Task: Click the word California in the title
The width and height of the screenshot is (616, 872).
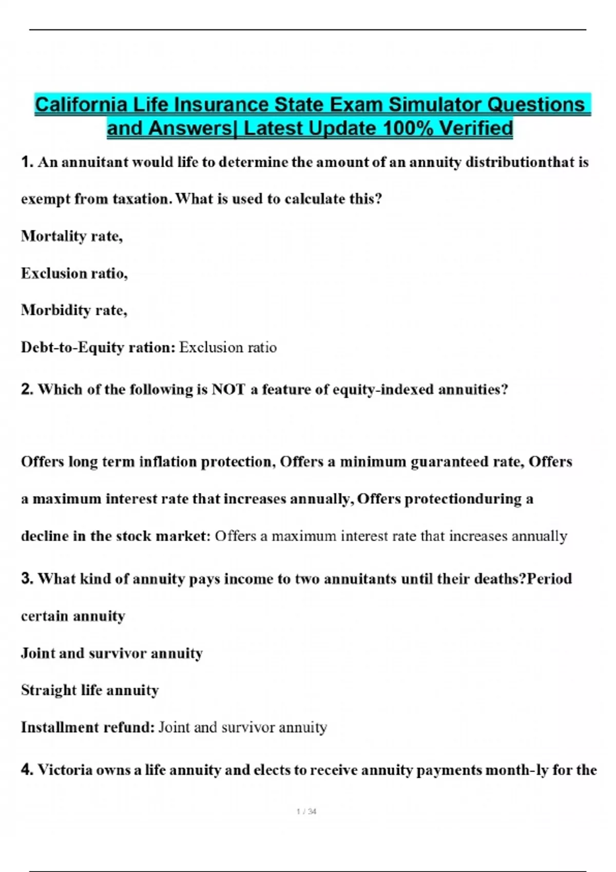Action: [x=81, y=105]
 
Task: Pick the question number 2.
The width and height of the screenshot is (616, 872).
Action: [x=27, y=389]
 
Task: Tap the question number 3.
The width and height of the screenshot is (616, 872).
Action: [x=27, y=579]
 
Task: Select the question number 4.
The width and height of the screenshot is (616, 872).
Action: [x=27, y=769]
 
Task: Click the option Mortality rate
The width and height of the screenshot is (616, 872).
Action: [x=71, y=236]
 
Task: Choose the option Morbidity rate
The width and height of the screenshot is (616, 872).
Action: [x=74, y=310]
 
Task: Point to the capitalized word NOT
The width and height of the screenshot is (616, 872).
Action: [x=228, y=389]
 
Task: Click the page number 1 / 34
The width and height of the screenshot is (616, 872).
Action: [x=306, y=811]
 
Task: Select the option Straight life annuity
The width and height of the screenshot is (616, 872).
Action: [x=90, y=690]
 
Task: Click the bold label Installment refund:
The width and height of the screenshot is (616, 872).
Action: [x=88, y=727]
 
